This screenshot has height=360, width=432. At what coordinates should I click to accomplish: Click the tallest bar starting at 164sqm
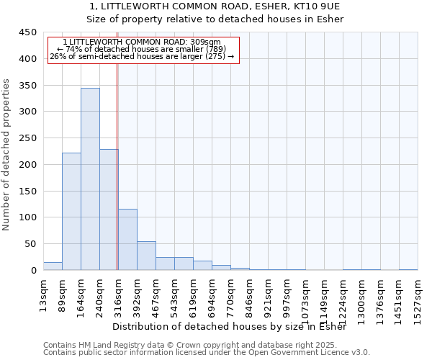(x=90, y=179)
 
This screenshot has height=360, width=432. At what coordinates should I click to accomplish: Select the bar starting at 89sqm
(x=71, y=212)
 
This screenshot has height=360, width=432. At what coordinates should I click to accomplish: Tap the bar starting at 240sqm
(x=109, y=210)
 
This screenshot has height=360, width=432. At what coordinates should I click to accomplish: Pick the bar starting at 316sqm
(x=127, y=240)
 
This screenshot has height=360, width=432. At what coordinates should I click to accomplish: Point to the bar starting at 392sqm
(x=146, y=256)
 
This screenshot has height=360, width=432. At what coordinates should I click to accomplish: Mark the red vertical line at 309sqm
(x=117, y=180)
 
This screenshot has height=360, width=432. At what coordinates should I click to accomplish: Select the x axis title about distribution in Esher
(x=230, y=327)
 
